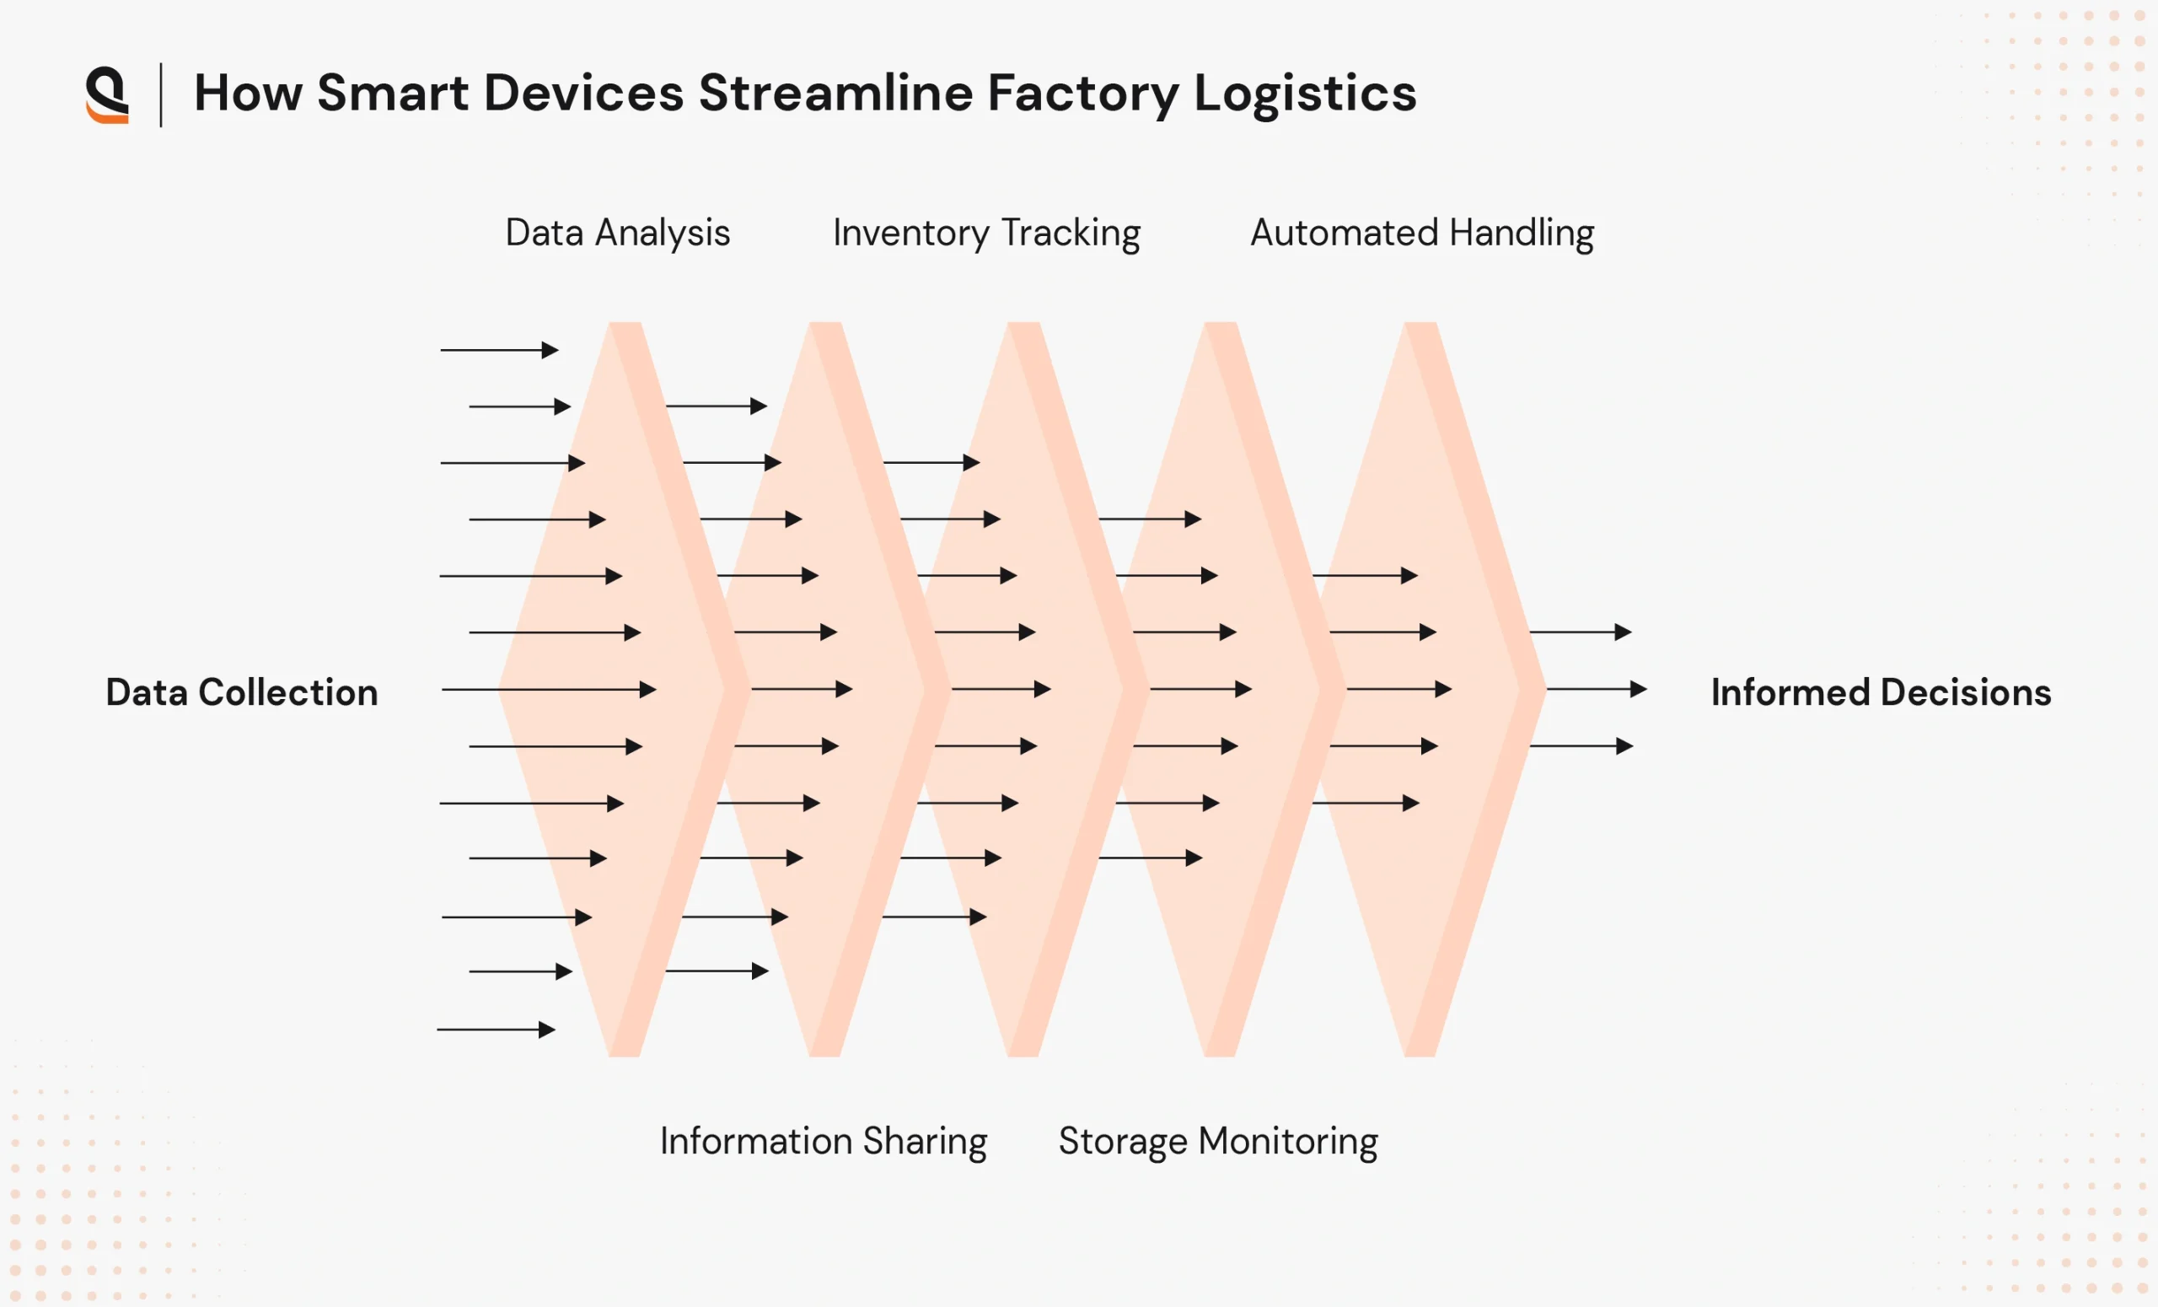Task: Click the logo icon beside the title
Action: pos(108,94)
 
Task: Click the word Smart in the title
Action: pos(391,93)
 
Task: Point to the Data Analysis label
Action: pos(617,233)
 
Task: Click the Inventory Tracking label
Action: pos(986,233)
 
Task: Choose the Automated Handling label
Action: pos(1421,233)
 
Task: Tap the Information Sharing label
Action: pos(824,1142)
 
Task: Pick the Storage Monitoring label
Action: pos(1217,1142)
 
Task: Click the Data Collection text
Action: pos(242,692)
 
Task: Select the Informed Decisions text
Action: pos(1881,692)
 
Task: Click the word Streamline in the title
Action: pos(835,93)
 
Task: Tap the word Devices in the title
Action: pos(582,93)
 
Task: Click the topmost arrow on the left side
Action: pos(499,351)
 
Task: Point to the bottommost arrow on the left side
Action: pos(496,1030)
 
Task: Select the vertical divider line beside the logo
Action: pos(161,94)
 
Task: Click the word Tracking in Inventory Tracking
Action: pos(1071,233)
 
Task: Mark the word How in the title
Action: pos(248,93)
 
